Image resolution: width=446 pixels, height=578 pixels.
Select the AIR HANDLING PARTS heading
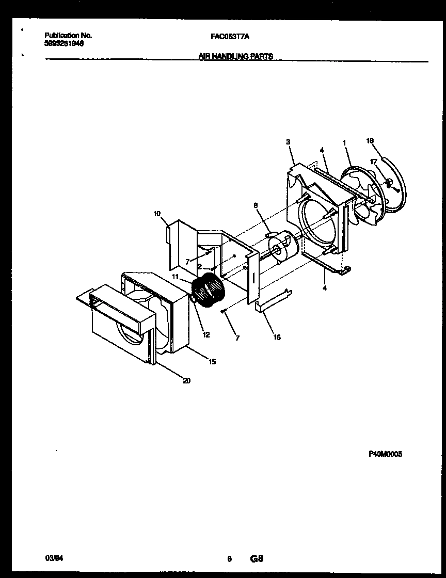coord(236,56)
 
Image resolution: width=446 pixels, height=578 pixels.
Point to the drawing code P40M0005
coord(385,454)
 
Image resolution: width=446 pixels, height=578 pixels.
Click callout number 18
coord(370,140)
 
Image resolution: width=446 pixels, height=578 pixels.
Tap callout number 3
coord(288,141)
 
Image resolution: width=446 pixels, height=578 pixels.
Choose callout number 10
coord(157,213)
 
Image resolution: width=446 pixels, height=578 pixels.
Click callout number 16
coord(277,338)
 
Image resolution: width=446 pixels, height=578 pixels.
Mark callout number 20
coord(186,381)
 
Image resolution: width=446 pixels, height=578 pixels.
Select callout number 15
coord(212,362)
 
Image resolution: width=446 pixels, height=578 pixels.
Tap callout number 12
coord(206,335)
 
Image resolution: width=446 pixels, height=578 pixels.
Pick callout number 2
coord(199,267)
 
